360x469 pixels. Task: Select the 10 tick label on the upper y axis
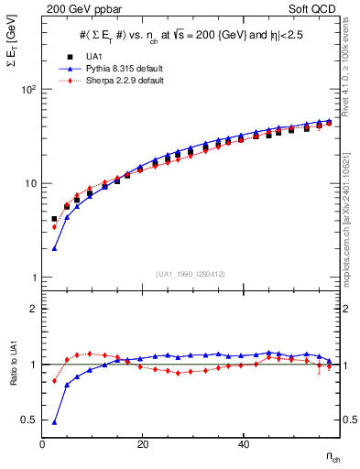click(x=30, y=183)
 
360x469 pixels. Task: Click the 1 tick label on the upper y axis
click(x=33, y=278)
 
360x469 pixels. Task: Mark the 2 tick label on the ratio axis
click(x=33, y=309)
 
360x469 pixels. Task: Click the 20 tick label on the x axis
click(x=142, y=444)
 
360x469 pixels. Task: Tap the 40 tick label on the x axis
click(x=242, y=444)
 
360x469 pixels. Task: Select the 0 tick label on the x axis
click(x=42, y=444)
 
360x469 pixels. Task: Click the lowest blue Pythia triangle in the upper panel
click(x=55, y=248)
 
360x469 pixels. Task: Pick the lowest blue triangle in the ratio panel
click(x=55, y=422)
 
